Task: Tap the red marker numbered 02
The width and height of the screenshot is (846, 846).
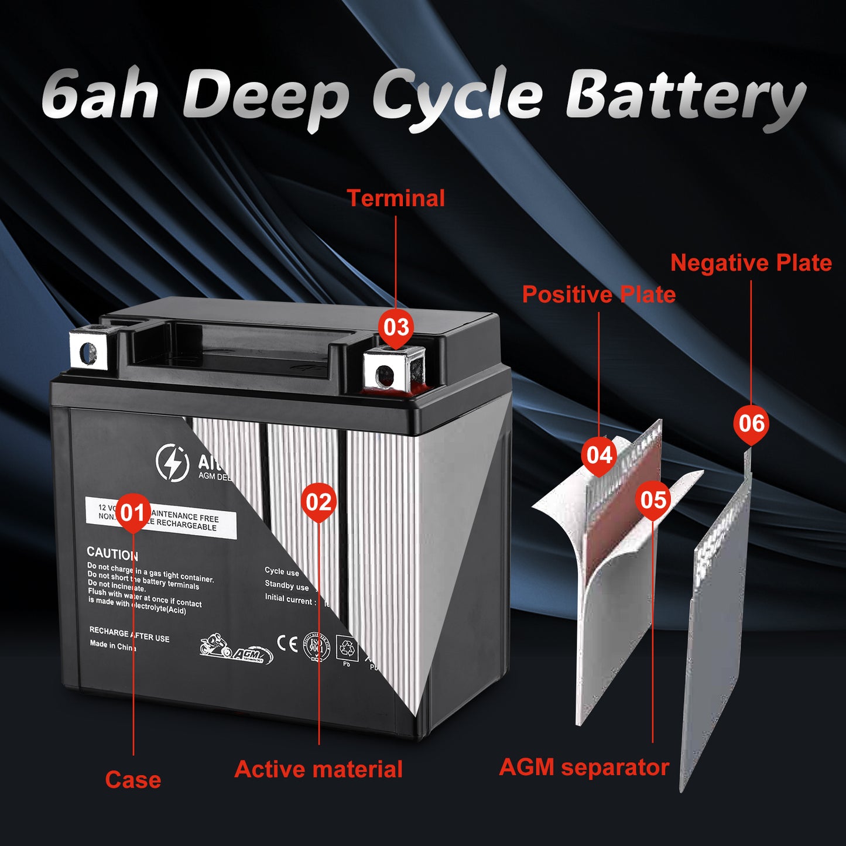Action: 319,502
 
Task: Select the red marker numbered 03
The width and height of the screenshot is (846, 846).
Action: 396,327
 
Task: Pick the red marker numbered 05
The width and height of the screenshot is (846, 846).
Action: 653,500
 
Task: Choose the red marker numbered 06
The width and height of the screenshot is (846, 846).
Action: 751,423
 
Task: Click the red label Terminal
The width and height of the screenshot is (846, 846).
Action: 396,198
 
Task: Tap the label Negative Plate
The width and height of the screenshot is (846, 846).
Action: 751,263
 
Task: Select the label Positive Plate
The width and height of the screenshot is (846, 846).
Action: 598,294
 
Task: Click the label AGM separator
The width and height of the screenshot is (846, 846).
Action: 584,767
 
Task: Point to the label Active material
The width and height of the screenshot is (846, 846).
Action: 318,769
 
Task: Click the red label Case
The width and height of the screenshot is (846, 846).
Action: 133,780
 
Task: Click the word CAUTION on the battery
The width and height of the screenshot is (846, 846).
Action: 112,553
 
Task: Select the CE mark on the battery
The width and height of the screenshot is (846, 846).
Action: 287,644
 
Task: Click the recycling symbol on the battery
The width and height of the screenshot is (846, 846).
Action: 347,648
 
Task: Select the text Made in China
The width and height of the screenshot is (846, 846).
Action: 113,646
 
